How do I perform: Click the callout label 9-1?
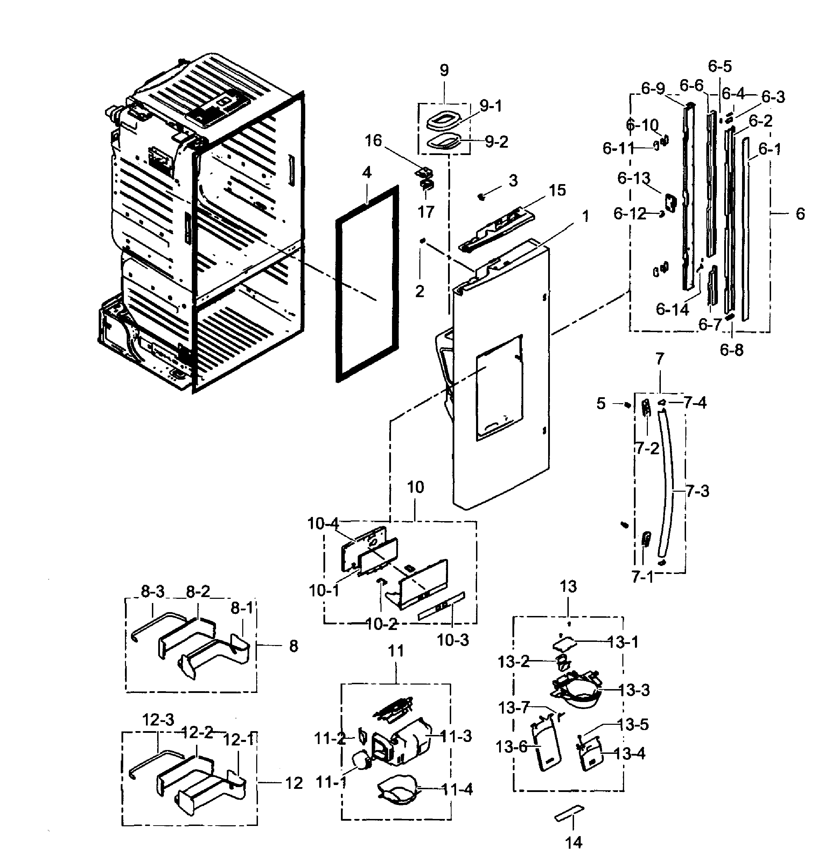pos(490,106)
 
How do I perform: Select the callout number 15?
pos(557,190)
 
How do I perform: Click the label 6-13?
pos(634,178)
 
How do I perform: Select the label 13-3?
pos(634,690)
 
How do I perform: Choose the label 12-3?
pos(158,720)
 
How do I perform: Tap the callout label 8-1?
pos(242,608)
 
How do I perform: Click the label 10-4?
pos(323,523)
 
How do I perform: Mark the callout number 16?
pos(373,141)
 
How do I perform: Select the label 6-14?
pos(672,309)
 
